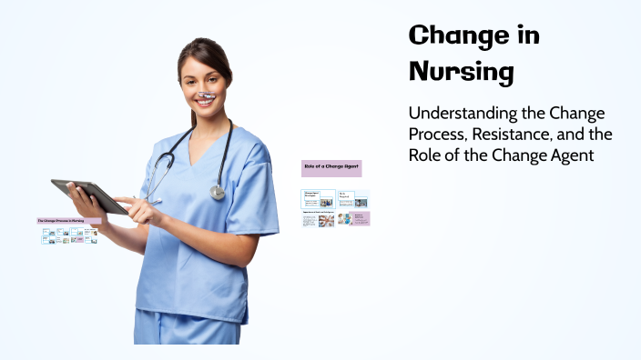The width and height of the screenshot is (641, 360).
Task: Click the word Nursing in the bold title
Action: (461, 71)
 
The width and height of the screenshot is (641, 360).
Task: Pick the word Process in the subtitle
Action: (440, 135)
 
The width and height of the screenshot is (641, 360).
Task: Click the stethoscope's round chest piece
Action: (218, 192)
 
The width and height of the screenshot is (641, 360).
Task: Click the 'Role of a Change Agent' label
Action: (331, 168)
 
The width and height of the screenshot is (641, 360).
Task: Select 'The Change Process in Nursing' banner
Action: (69, 221)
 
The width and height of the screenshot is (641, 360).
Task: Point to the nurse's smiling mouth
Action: (204, 102)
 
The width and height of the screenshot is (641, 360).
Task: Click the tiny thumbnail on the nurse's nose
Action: (206, 94)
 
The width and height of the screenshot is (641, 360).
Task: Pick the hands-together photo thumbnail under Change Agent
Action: (325, 220)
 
